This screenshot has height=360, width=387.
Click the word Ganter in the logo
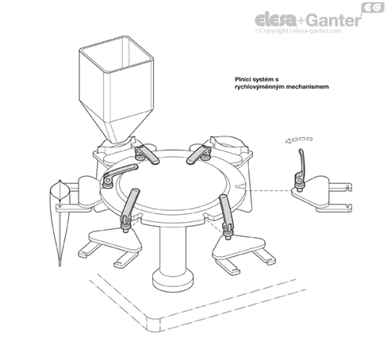point(334,20)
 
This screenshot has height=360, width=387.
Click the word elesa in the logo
point(275,20)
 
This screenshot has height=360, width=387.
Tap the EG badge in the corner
point(373,8)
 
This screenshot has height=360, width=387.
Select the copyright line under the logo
point(298,31)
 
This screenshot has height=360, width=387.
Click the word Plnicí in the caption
point(243,79)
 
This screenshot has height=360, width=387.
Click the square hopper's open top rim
point(117,54)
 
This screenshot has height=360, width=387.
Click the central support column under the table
point(173,251)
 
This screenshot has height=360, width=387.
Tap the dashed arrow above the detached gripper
point(299,140)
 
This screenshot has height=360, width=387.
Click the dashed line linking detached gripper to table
point(268,190)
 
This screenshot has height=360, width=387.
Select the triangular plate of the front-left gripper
point(114,239)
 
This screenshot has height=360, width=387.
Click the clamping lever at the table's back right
point(199,154)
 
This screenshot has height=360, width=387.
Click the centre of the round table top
point(172,186)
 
